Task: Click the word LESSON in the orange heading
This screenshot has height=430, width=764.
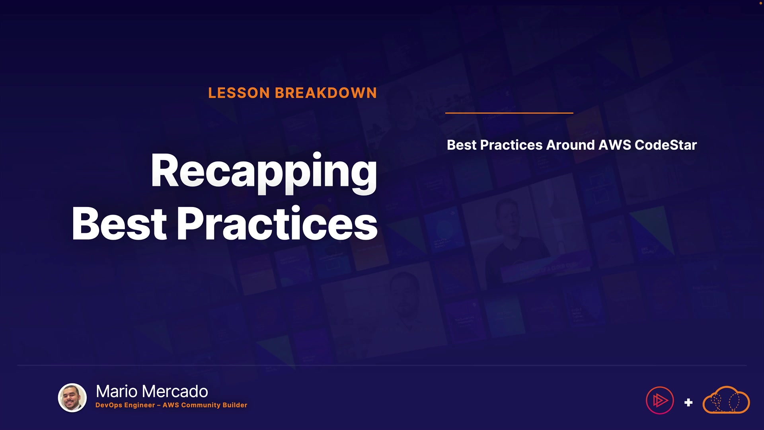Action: coord(239,93)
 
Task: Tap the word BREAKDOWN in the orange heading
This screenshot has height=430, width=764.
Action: coord(326,93)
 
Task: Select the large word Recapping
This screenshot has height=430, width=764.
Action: coord(264,172)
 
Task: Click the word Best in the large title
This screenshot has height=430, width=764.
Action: coord(119,223)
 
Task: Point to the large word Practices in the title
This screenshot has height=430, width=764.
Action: coord(277,223)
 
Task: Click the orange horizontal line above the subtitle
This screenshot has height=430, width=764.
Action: coord(509,113)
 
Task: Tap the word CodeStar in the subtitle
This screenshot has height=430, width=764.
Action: coord(666,145)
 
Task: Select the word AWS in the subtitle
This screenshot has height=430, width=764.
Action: coord(615,145)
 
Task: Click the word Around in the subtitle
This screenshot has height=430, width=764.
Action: coord(571,145)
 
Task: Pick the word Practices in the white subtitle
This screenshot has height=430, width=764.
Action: coord(511,145)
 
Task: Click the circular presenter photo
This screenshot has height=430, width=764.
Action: coord(72,398)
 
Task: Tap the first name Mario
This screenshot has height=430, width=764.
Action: coord(117,391)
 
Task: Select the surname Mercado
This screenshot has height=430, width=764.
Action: coord(175,391)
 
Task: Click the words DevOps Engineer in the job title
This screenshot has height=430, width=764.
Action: coord(125,405)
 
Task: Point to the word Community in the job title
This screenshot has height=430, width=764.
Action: coord(200,405)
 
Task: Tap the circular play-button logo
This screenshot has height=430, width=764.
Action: coord(660,401)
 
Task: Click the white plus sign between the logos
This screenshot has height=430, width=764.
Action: coord(688,403)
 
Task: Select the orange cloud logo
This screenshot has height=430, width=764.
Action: coord(726,400)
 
